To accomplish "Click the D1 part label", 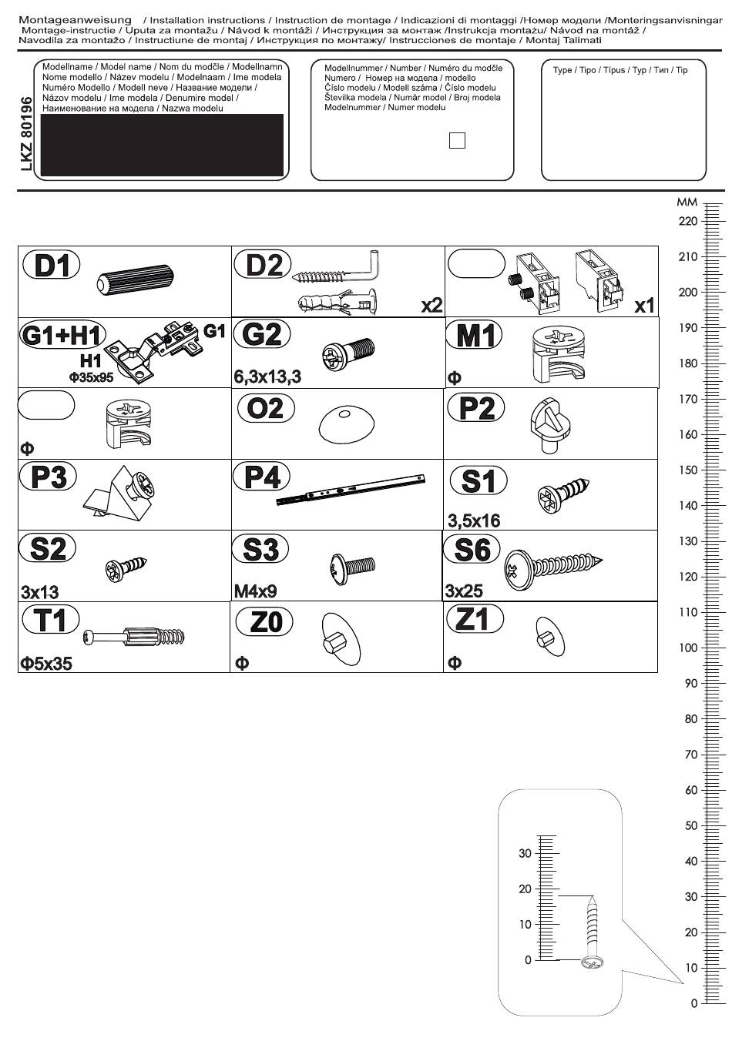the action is pos(51,265).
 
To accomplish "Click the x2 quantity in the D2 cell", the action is pos(431,306).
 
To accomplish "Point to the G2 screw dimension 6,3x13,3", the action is pos(267,377).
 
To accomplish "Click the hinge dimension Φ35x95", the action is pos(91,377).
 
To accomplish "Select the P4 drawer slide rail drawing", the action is pos(351,490).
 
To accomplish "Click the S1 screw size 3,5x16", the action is pos(474,521).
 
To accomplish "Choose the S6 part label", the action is pos(471,549).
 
